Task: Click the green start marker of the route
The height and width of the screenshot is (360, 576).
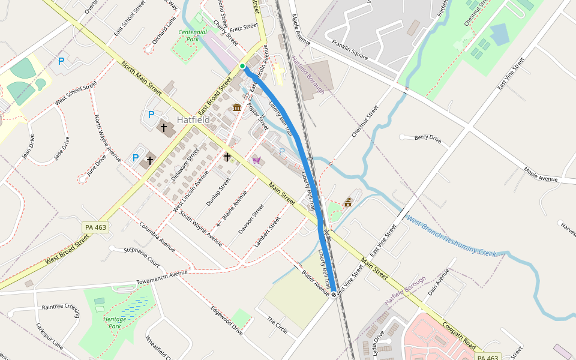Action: point(242,66)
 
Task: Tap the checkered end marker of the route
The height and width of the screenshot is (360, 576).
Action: point(334,294)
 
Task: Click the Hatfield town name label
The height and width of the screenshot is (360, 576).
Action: point(193,120)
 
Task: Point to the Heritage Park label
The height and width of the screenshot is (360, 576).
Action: point(114,322)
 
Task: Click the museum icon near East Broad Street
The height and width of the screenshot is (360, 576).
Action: point(237,107)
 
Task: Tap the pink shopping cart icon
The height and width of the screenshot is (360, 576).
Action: point(257,160)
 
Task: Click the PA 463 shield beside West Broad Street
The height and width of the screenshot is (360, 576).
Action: point(96,227)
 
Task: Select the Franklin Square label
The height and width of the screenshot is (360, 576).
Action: point(350,49)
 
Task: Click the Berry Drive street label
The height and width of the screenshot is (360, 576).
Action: point(428,139)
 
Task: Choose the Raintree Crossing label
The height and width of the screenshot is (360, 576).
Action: point(61,307)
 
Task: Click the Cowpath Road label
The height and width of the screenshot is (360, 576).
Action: point(460,338)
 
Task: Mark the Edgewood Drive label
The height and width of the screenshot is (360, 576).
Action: point(226,321)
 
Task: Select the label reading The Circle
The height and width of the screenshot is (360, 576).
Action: point(277,326)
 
